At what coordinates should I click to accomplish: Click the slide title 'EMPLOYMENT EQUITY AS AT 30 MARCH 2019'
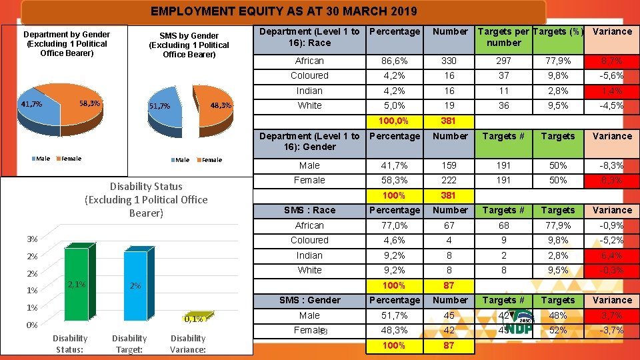click(x=283, y=11)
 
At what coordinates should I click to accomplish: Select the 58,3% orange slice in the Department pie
click(x=83, y=107)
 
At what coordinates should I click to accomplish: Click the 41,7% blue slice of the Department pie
click(x=37, y=110)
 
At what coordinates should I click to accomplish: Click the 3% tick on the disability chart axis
click(x=31, y=239)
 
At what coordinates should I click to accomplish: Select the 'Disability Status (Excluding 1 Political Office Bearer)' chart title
click(x=146, y=199)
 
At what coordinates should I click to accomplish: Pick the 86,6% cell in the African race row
click(x=395, y=61)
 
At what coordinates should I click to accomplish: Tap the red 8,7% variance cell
click(x=612, y=61)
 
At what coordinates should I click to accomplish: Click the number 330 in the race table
click(x=450, y=61)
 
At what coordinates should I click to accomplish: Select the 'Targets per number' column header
click(x=504, y=37)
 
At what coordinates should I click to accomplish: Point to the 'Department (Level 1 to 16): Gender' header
click(x=309, y=141)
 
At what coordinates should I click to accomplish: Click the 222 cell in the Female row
click(x=450, y=180)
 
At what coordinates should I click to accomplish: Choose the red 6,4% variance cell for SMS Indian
click(x=612, y=255)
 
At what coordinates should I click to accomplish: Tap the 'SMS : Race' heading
click(x=309, y=210)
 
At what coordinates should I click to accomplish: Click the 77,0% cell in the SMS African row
click(x=395, y=225)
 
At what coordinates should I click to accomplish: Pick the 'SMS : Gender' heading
click(x=309, y=300)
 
